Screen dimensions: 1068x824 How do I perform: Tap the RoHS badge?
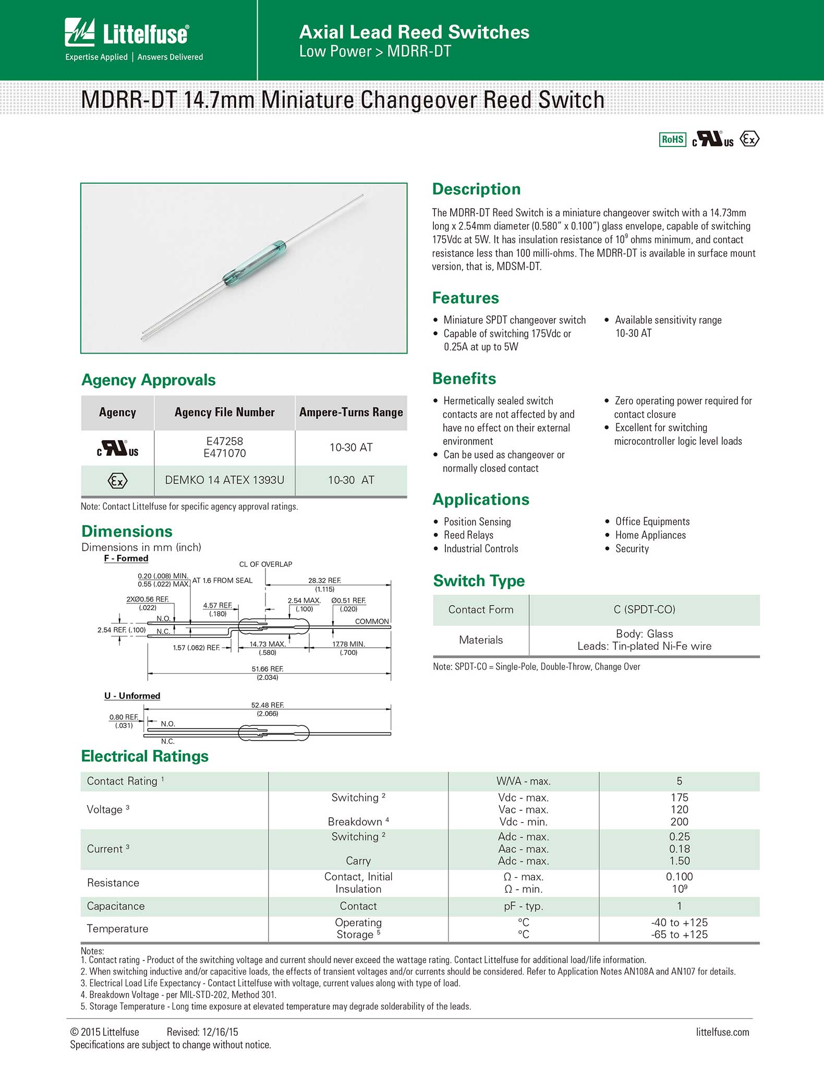click(x=672, y=139)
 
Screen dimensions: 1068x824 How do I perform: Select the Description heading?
click(x=476, y=189)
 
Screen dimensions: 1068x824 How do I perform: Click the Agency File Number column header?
click(x=224, y=412)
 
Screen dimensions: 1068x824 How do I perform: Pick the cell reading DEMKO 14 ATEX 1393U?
click(x=224, y=480)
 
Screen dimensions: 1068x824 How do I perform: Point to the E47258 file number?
click(x=224, y=441)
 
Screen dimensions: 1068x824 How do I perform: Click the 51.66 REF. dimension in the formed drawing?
click(x=267, y=669)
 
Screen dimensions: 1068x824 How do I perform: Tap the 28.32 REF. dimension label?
click(x=324, y=580)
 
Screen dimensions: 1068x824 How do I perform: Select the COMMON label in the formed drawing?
click(x=372, y=621)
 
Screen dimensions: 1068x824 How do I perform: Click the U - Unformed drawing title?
click(x=132, y=696)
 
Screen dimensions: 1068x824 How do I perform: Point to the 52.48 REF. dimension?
click(x=267, y=705)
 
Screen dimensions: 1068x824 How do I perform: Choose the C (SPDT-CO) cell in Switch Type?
click(x=644, y=610)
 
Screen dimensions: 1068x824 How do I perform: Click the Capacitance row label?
click(x=116, y=906)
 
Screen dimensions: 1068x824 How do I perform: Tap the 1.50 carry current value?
click(x=679, y=861)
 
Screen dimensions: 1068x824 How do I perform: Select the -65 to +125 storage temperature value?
click(x=679, y=934)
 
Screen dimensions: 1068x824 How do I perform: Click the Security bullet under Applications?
click(x=632, y=549)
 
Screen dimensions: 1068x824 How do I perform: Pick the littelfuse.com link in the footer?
click(x=722, y=1032)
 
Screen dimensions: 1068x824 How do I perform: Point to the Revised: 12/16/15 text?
click(x=202, y=1032)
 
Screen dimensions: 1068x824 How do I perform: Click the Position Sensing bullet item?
click(x=477, y=521)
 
